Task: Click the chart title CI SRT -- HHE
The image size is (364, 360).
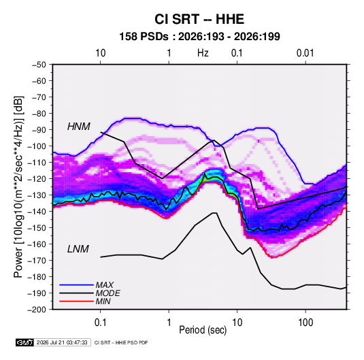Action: point(199,19)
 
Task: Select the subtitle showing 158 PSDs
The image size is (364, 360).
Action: point(199,37)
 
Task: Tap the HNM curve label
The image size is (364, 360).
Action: point(79,127)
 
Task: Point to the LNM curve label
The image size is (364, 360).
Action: point(78,249)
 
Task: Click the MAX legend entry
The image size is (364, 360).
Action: point(105,285)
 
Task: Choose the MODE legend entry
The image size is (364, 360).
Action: point(107,293)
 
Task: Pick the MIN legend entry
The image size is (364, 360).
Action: point(103,301)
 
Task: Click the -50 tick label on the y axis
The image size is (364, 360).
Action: point(39,65)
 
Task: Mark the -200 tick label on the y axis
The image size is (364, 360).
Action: point(37,310)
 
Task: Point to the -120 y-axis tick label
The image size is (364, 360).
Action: point(37,179)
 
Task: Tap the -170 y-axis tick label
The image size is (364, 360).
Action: point(37,261)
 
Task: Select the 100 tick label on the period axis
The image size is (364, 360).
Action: point(305,323)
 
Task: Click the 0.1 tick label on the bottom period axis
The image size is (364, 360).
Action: point(100,323)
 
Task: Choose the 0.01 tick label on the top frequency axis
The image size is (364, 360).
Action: point(305,53)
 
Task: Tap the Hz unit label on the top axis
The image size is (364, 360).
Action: point(203,53)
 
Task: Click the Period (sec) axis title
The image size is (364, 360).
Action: point(203,330)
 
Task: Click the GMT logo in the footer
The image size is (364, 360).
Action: point(24,342)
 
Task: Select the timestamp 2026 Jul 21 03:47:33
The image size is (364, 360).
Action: point(62,342)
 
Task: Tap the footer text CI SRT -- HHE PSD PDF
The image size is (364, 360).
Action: point(121,342)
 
